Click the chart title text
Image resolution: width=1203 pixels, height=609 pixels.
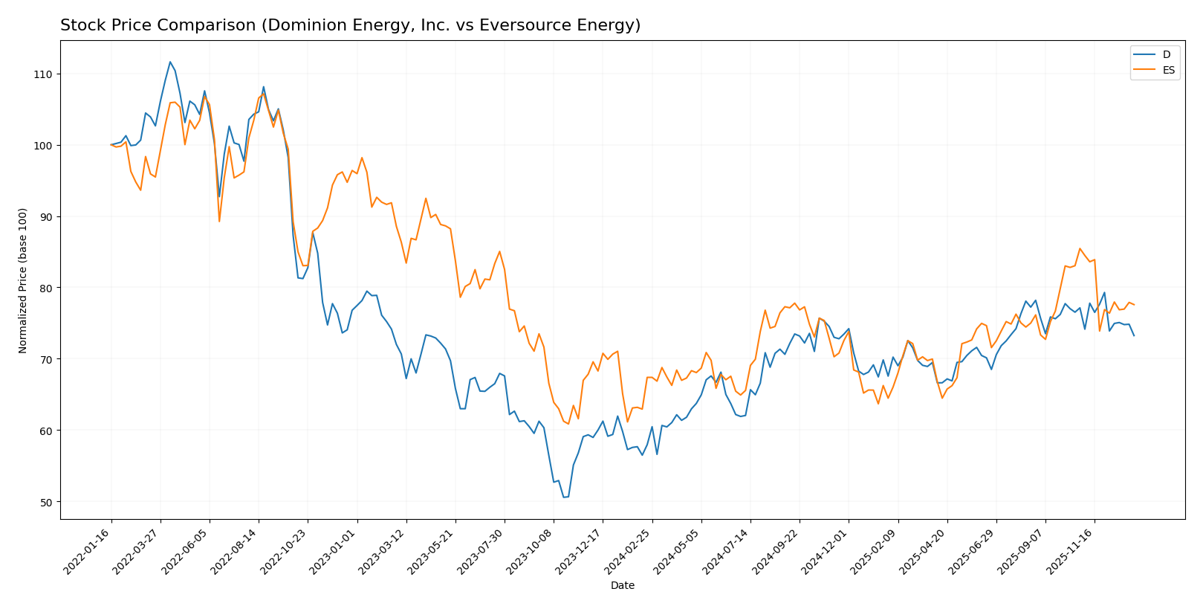[350, 25]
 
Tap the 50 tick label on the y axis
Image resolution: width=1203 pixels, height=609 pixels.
[46, 502]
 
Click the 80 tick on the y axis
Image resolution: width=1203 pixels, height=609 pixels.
[46, 288]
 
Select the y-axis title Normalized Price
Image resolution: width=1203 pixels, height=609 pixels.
[22, 280]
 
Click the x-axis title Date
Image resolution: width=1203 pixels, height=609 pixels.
[622, 586]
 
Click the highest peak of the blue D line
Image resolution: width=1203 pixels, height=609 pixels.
[170, 62]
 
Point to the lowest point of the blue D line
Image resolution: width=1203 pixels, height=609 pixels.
[564, 497]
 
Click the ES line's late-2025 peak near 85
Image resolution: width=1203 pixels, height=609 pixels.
[1080, 248]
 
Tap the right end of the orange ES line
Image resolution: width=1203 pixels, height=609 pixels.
[1134, 304]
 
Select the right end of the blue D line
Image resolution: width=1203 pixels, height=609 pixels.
[1134, 335]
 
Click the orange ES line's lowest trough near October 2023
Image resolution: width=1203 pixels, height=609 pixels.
[568, 424]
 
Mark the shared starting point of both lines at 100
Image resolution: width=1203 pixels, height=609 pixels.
[111, 145]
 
